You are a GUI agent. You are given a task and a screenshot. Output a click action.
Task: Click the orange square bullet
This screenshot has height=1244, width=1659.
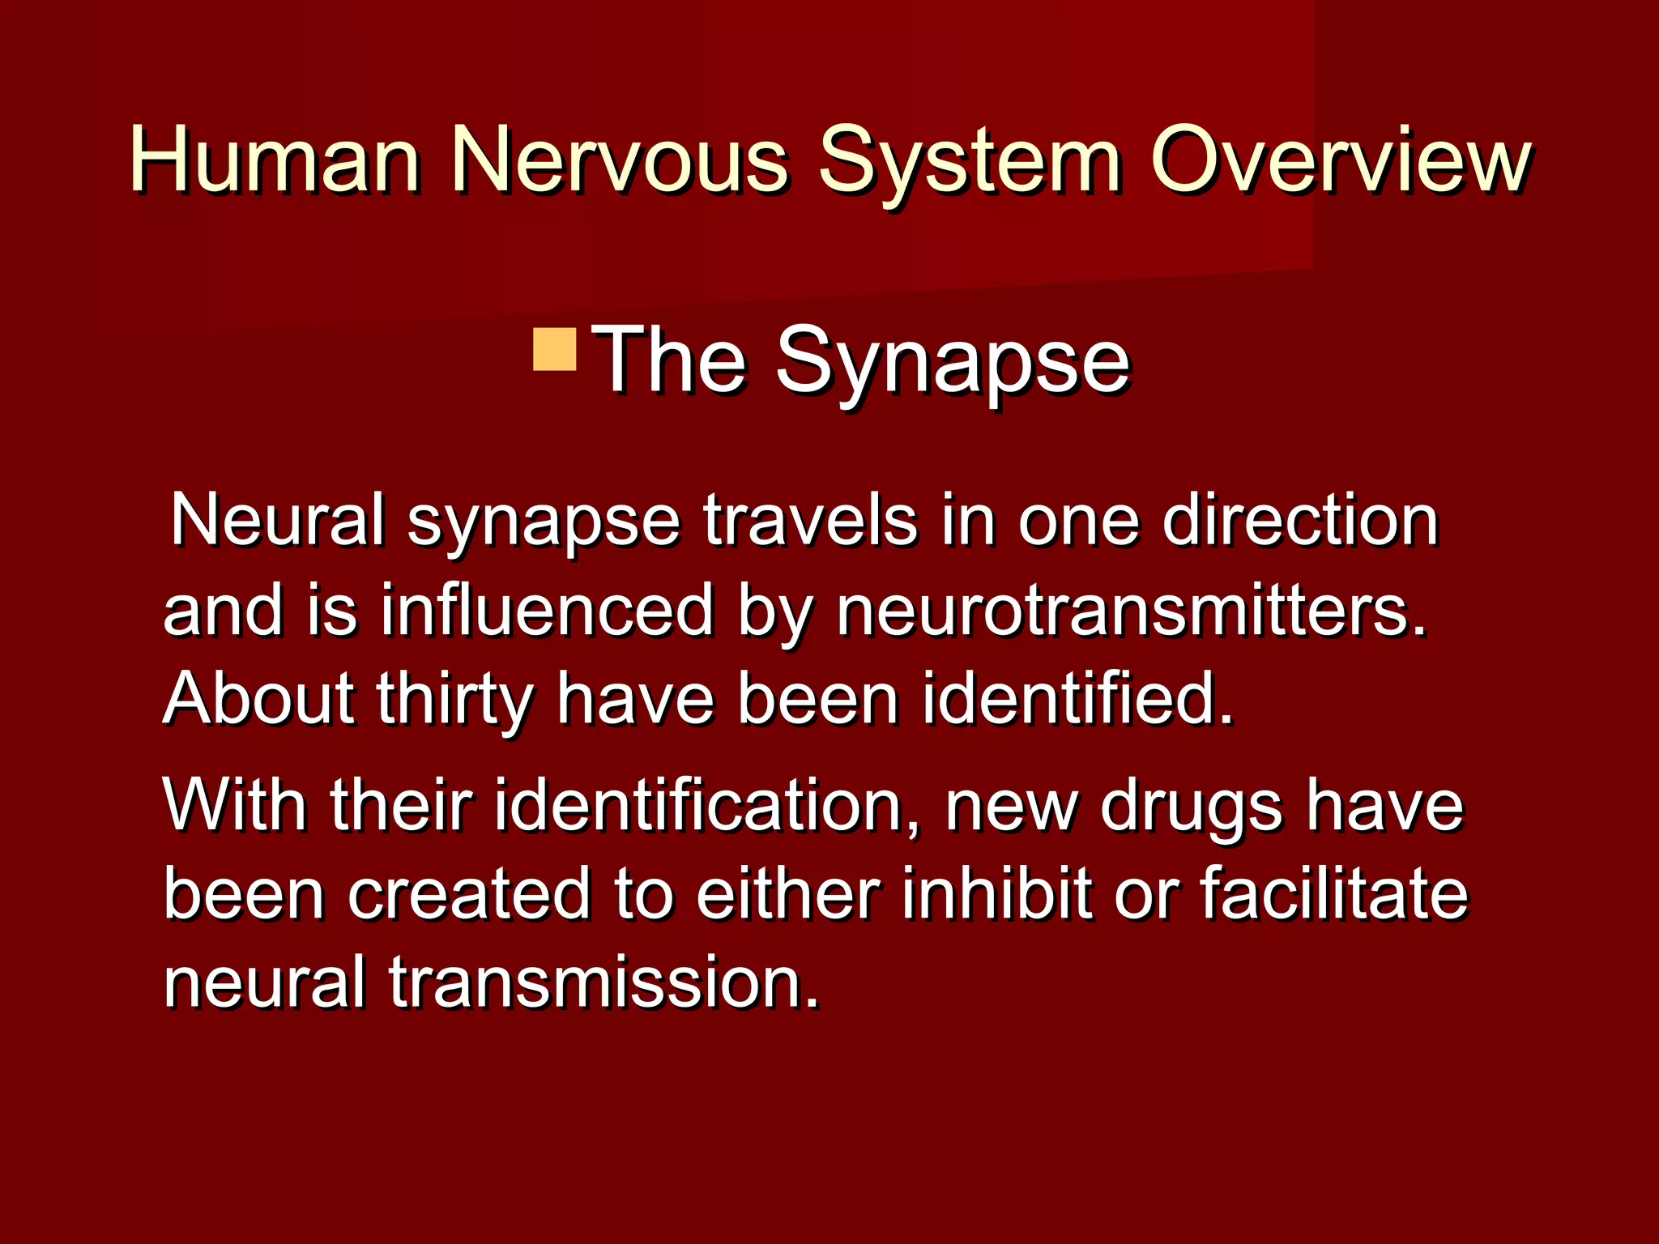(555, 349)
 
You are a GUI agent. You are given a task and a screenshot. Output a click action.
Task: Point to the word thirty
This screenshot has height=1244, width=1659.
(454, 701)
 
